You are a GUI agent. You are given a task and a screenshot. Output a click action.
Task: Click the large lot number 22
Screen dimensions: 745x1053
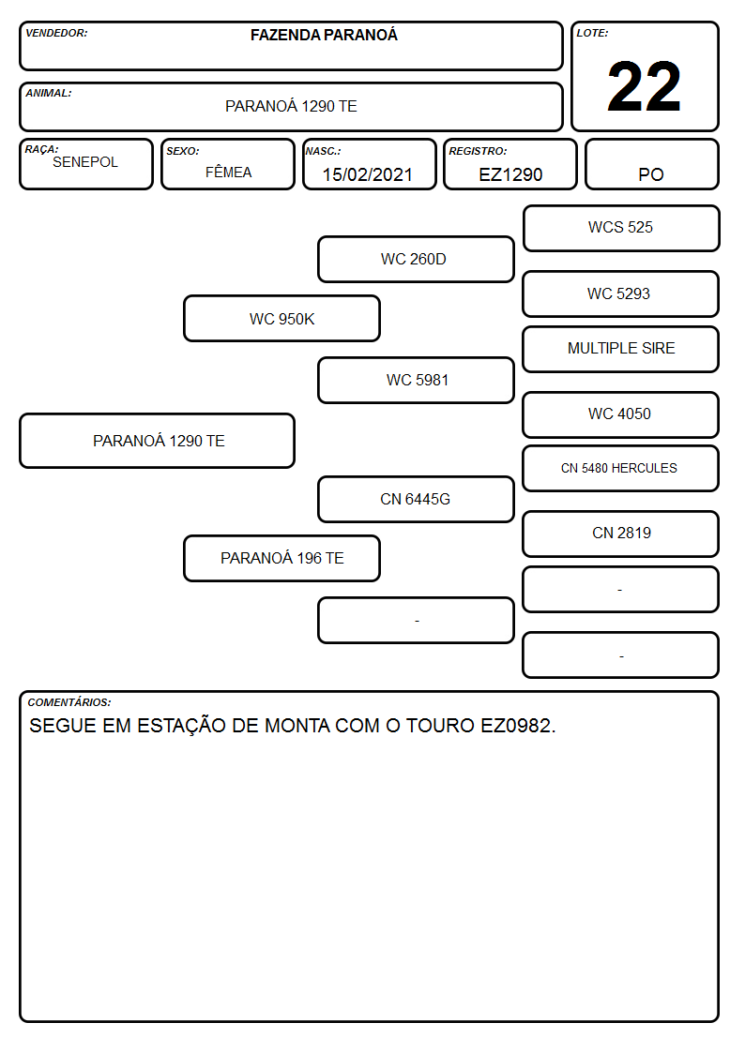point(644,86)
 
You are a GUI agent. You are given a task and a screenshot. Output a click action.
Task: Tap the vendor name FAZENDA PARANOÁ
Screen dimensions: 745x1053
point(324,35)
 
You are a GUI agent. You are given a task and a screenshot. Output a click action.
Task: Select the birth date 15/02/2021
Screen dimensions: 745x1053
point(368,174)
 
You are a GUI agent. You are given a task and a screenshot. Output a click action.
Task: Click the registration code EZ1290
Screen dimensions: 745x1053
point(510,174)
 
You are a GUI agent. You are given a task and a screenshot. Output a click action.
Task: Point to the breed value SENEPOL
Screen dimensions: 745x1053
point(85,162)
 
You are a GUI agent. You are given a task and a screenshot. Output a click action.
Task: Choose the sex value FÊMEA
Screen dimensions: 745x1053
point(228,172)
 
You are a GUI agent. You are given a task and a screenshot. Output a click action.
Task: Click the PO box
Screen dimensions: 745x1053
point(651,164)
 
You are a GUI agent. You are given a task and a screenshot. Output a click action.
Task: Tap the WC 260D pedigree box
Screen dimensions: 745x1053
point(416,259)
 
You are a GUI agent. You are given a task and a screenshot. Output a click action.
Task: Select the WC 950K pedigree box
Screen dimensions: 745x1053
point(281,318)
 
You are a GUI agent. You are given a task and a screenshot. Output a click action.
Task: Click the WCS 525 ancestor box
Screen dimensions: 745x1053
point(621,229)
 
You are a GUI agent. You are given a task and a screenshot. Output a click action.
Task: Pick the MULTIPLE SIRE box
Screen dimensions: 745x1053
point(621,349)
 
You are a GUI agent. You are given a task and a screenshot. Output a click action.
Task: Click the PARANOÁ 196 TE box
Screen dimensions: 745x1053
point(281,558)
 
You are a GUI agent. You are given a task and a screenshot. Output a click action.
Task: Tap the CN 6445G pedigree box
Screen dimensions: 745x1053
point(416,499)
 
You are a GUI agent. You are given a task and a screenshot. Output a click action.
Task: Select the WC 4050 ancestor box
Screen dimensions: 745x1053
point(621,415)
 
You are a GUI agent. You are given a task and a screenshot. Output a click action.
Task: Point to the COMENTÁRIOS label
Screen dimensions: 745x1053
point(69,702)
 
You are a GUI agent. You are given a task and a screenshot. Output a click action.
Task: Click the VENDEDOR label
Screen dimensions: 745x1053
point(56,33)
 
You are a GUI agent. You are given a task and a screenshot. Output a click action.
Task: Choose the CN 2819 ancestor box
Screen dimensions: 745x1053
point(621,534)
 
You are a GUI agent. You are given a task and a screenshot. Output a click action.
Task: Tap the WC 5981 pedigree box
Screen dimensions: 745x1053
point(416,380)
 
